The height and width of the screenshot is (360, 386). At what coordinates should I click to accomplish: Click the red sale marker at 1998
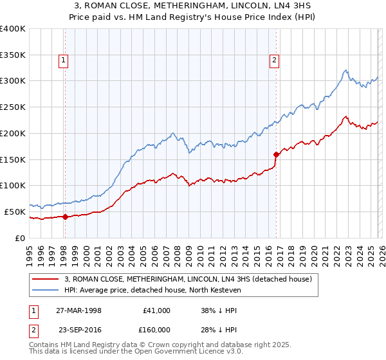pyautogui.click(x=65, y=217)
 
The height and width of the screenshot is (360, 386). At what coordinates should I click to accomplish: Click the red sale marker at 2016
pyautogui.click(x=276, y=154)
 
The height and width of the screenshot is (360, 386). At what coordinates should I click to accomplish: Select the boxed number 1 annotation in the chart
pyautogui.click(x=64, y=61)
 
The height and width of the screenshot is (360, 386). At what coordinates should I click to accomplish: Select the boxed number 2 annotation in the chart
pyautogui.click(x=275, y=61)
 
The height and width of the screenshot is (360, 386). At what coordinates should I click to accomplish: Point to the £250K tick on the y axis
pyautogui.click(x=13, y=107)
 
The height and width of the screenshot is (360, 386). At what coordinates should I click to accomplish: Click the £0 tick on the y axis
pyautogui.click(x=21, y=238)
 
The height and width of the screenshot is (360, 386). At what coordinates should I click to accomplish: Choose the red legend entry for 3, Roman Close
pyautogui.click(x=188, y=279)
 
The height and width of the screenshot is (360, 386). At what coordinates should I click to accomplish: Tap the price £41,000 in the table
pyautogui.click(x=157, y=310)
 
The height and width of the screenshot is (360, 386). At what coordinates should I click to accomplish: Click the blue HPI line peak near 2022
pyautogui.click(x=345, y=70)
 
